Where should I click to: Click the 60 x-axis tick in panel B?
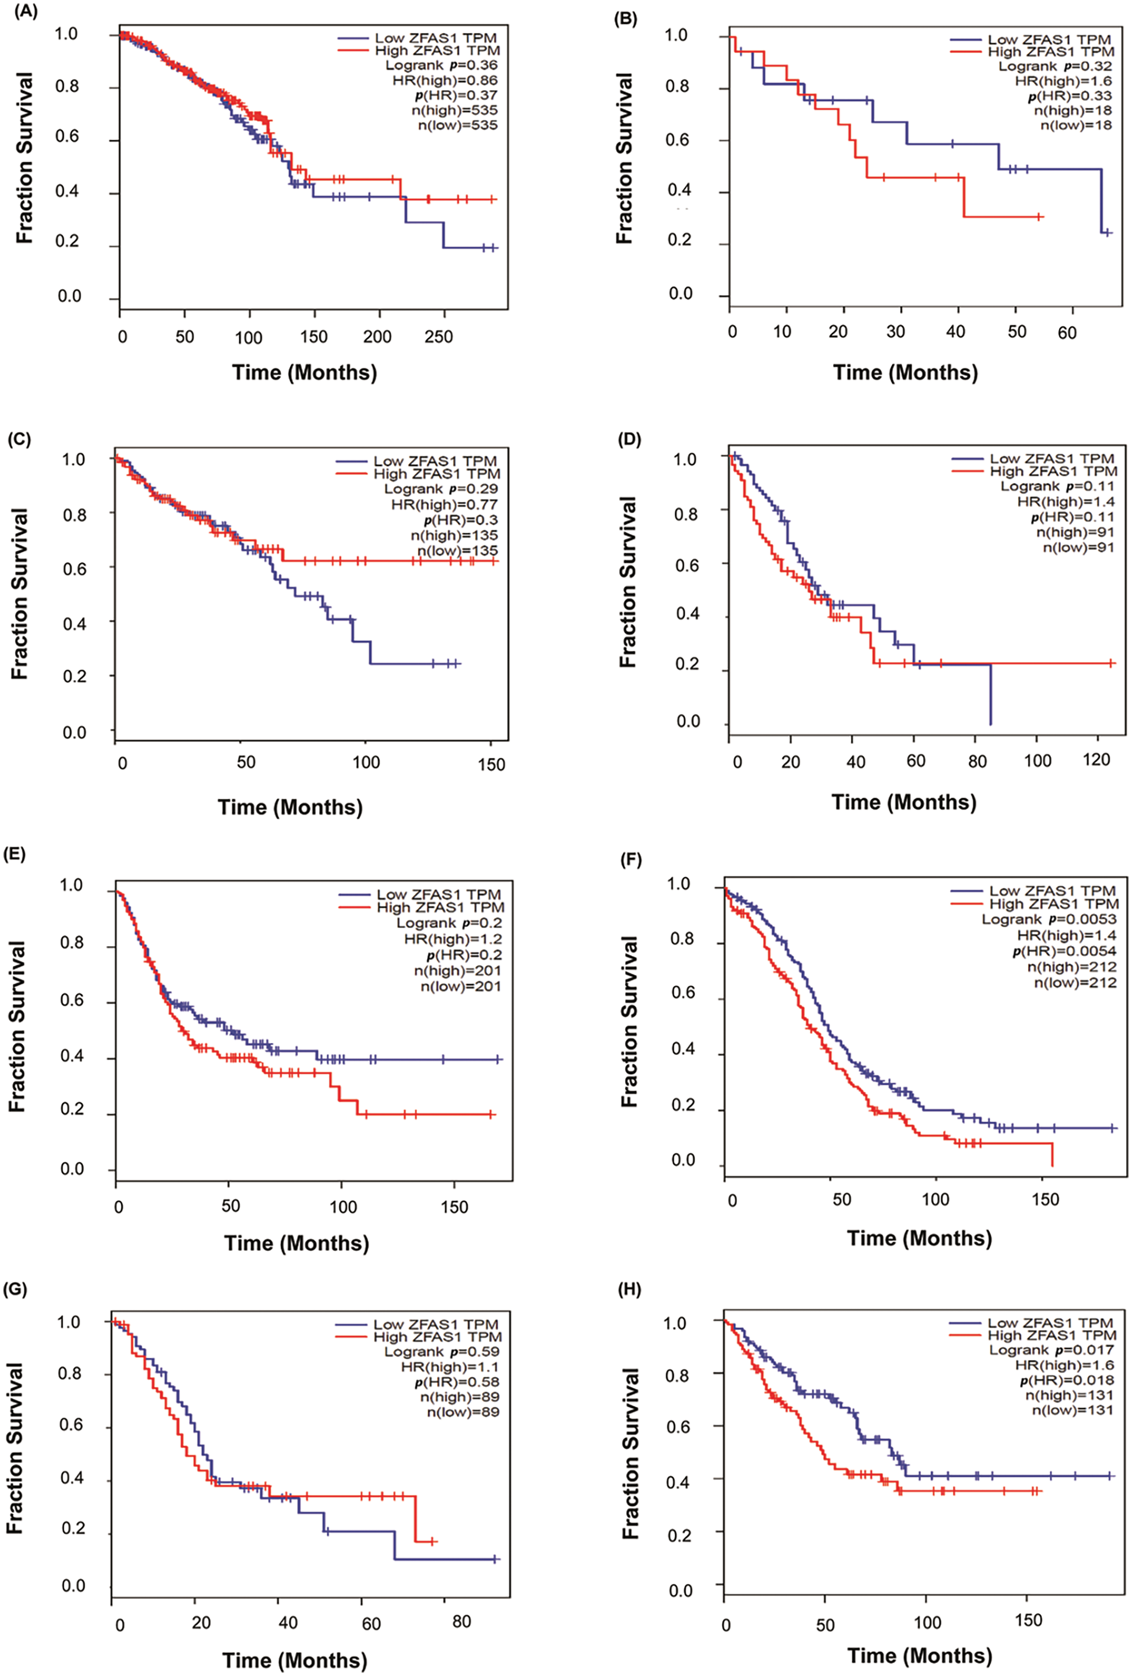pos(1067,332)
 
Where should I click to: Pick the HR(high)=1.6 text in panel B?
pos(1064,81)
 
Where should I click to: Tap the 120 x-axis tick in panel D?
pos(1097,760)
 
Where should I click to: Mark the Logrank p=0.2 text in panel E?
pos(449,923)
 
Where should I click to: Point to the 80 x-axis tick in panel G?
pos(461,1622)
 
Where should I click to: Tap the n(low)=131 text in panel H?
pos(1071,1410)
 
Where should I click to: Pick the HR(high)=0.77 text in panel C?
pos(444,504)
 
